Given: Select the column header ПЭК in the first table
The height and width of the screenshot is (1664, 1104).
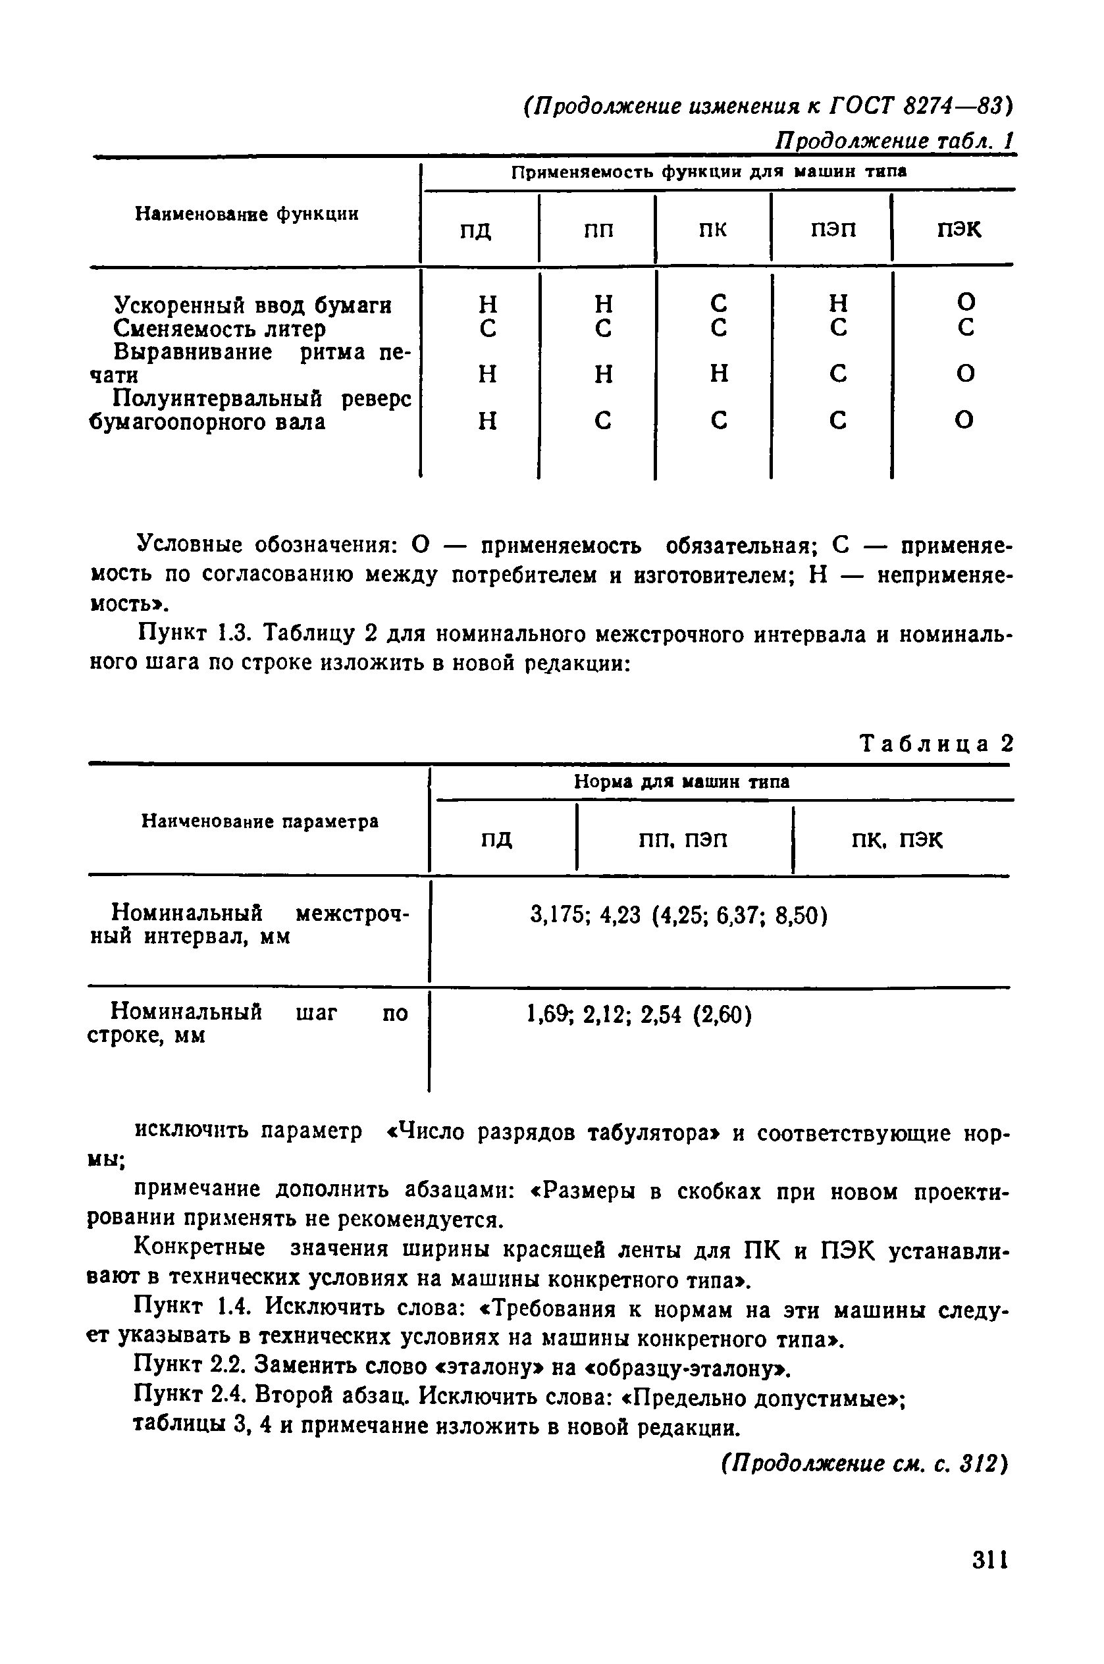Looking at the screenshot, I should [x=959, y=230].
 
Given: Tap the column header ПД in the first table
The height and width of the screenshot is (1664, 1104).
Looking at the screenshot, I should [x=476, y=230].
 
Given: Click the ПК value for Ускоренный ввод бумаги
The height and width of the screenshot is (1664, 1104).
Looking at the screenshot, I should [x=718, y=303].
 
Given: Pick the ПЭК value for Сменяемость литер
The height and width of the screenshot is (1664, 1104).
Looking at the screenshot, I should [x=966, y=327].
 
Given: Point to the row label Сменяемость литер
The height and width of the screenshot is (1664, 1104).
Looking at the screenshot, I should [x=220, y=328].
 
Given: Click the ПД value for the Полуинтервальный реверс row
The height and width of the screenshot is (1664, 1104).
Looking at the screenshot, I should [x=487, y=420].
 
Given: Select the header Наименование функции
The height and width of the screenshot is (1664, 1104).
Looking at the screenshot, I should [x=246, y=213].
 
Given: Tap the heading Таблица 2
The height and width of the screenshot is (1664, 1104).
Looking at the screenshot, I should [x=936, y=743].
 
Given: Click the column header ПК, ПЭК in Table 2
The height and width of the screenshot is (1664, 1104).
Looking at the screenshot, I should [x=896, y=840].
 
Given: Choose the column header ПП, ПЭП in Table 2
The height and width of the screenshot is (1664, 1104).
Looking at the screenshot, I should [x=683, y=840].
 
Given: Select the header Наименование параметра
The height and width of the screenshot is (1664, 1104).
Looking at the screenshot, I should [x=260, y=821].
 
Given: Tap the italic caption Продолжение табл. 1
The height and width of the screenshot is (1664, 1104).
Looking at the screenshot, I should [x=893, y=141].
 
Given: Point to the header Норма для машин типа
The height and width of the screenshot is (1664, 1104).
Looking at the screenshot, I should [x=681, y=781].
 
